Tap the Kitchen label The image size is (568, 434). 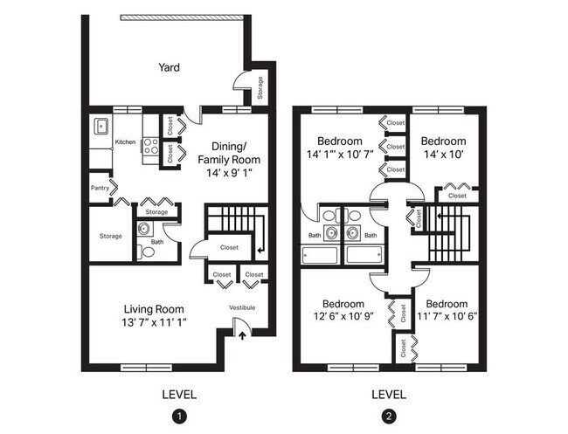coord(126,141)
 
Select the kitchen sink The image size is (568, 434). coord(101,127)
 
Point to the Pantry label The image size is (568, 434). coord(99,187)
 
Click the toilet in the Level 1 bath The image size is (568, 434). coord(148,251)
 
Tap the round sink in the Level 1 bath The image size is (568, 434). coord(144,230)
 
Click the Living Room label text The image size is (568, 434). coord(154,308)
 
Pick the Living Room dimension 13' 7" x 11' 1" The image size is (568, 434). coord(155,322)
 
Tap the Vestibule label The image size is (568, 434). coord(242,307)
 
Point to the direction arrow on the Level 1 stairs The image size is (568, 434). coord(260,251)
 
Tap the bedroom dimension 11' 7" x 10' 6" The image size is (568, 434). coord(447,316)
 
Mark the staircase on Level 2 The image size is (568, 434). coord(451,232)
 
